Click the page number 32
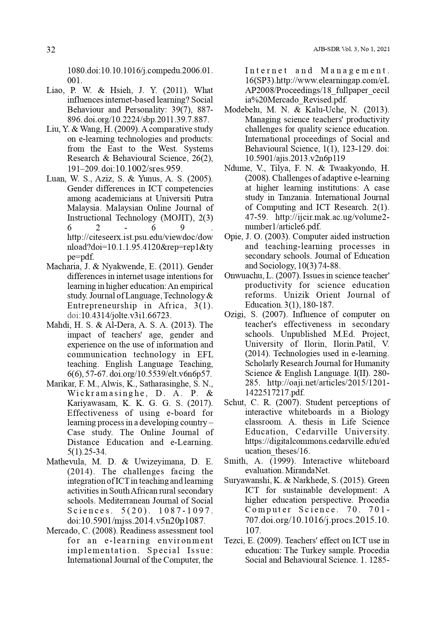51,50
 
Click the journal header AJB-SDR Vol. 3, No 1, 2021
351,49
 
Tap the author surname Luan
55,179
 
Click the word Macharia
61,266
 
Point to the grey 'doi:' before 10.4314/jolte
74,315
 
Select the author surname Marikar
59,384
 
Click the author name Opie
232,236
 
